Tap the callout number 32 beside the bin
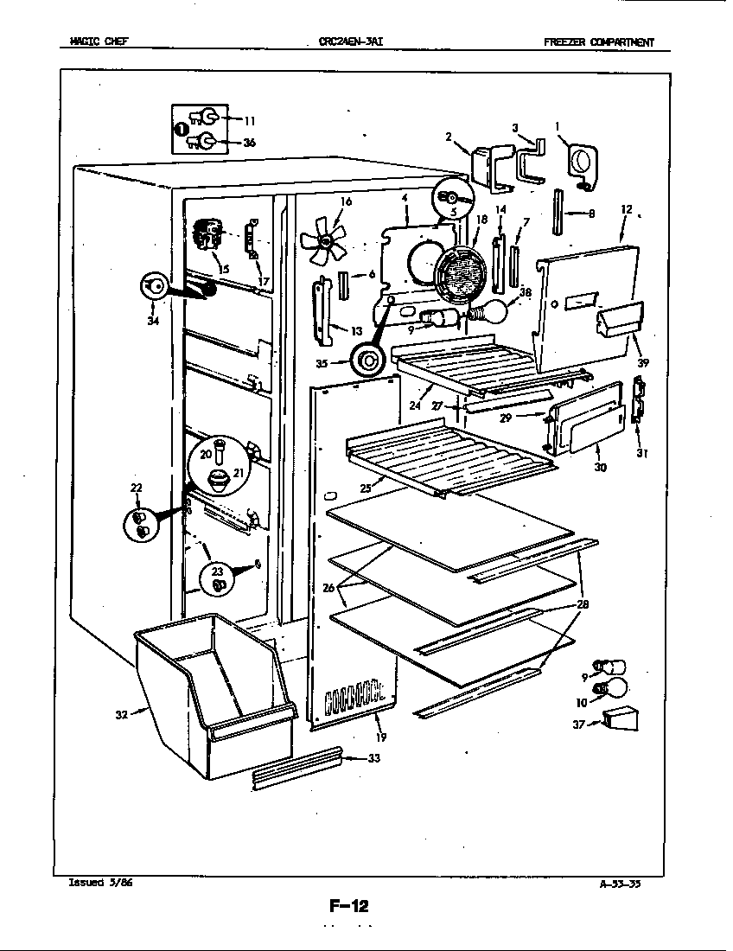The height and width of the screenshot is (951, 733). pyautogui.click(x=122, y=714)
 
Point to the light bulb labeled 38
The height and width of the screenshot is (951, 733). pyautogui.click(x=489, y=310)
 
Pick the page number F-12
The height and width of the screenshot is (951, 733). pyautogui.click(x=349, y=906)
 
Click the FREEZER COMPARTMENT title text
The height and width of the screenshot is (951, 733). pyautogui.click(x=598, y=41)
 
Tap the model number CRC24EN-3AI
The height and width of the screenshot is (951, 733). pyautogui.click(x=351, y=41)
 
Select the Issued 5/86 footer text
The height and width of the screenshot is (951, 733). pyautogui.click(x=100, y=882)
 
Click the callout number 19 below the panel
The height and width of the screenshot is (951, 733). pyautogui.click(x=381, y=737)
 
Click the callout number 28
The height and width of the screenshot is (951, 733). pyautogui.click(x=583, y=604)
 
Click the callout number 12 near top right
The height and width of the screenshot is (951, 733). pyautogui.click(x=627, y=209)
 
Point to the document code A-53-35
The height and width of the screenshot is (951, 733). pyautogui.click(x=620, y=883)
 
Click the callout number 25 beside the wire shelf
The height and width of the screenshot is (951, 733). pyautogui.click(x=366, y=488)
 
